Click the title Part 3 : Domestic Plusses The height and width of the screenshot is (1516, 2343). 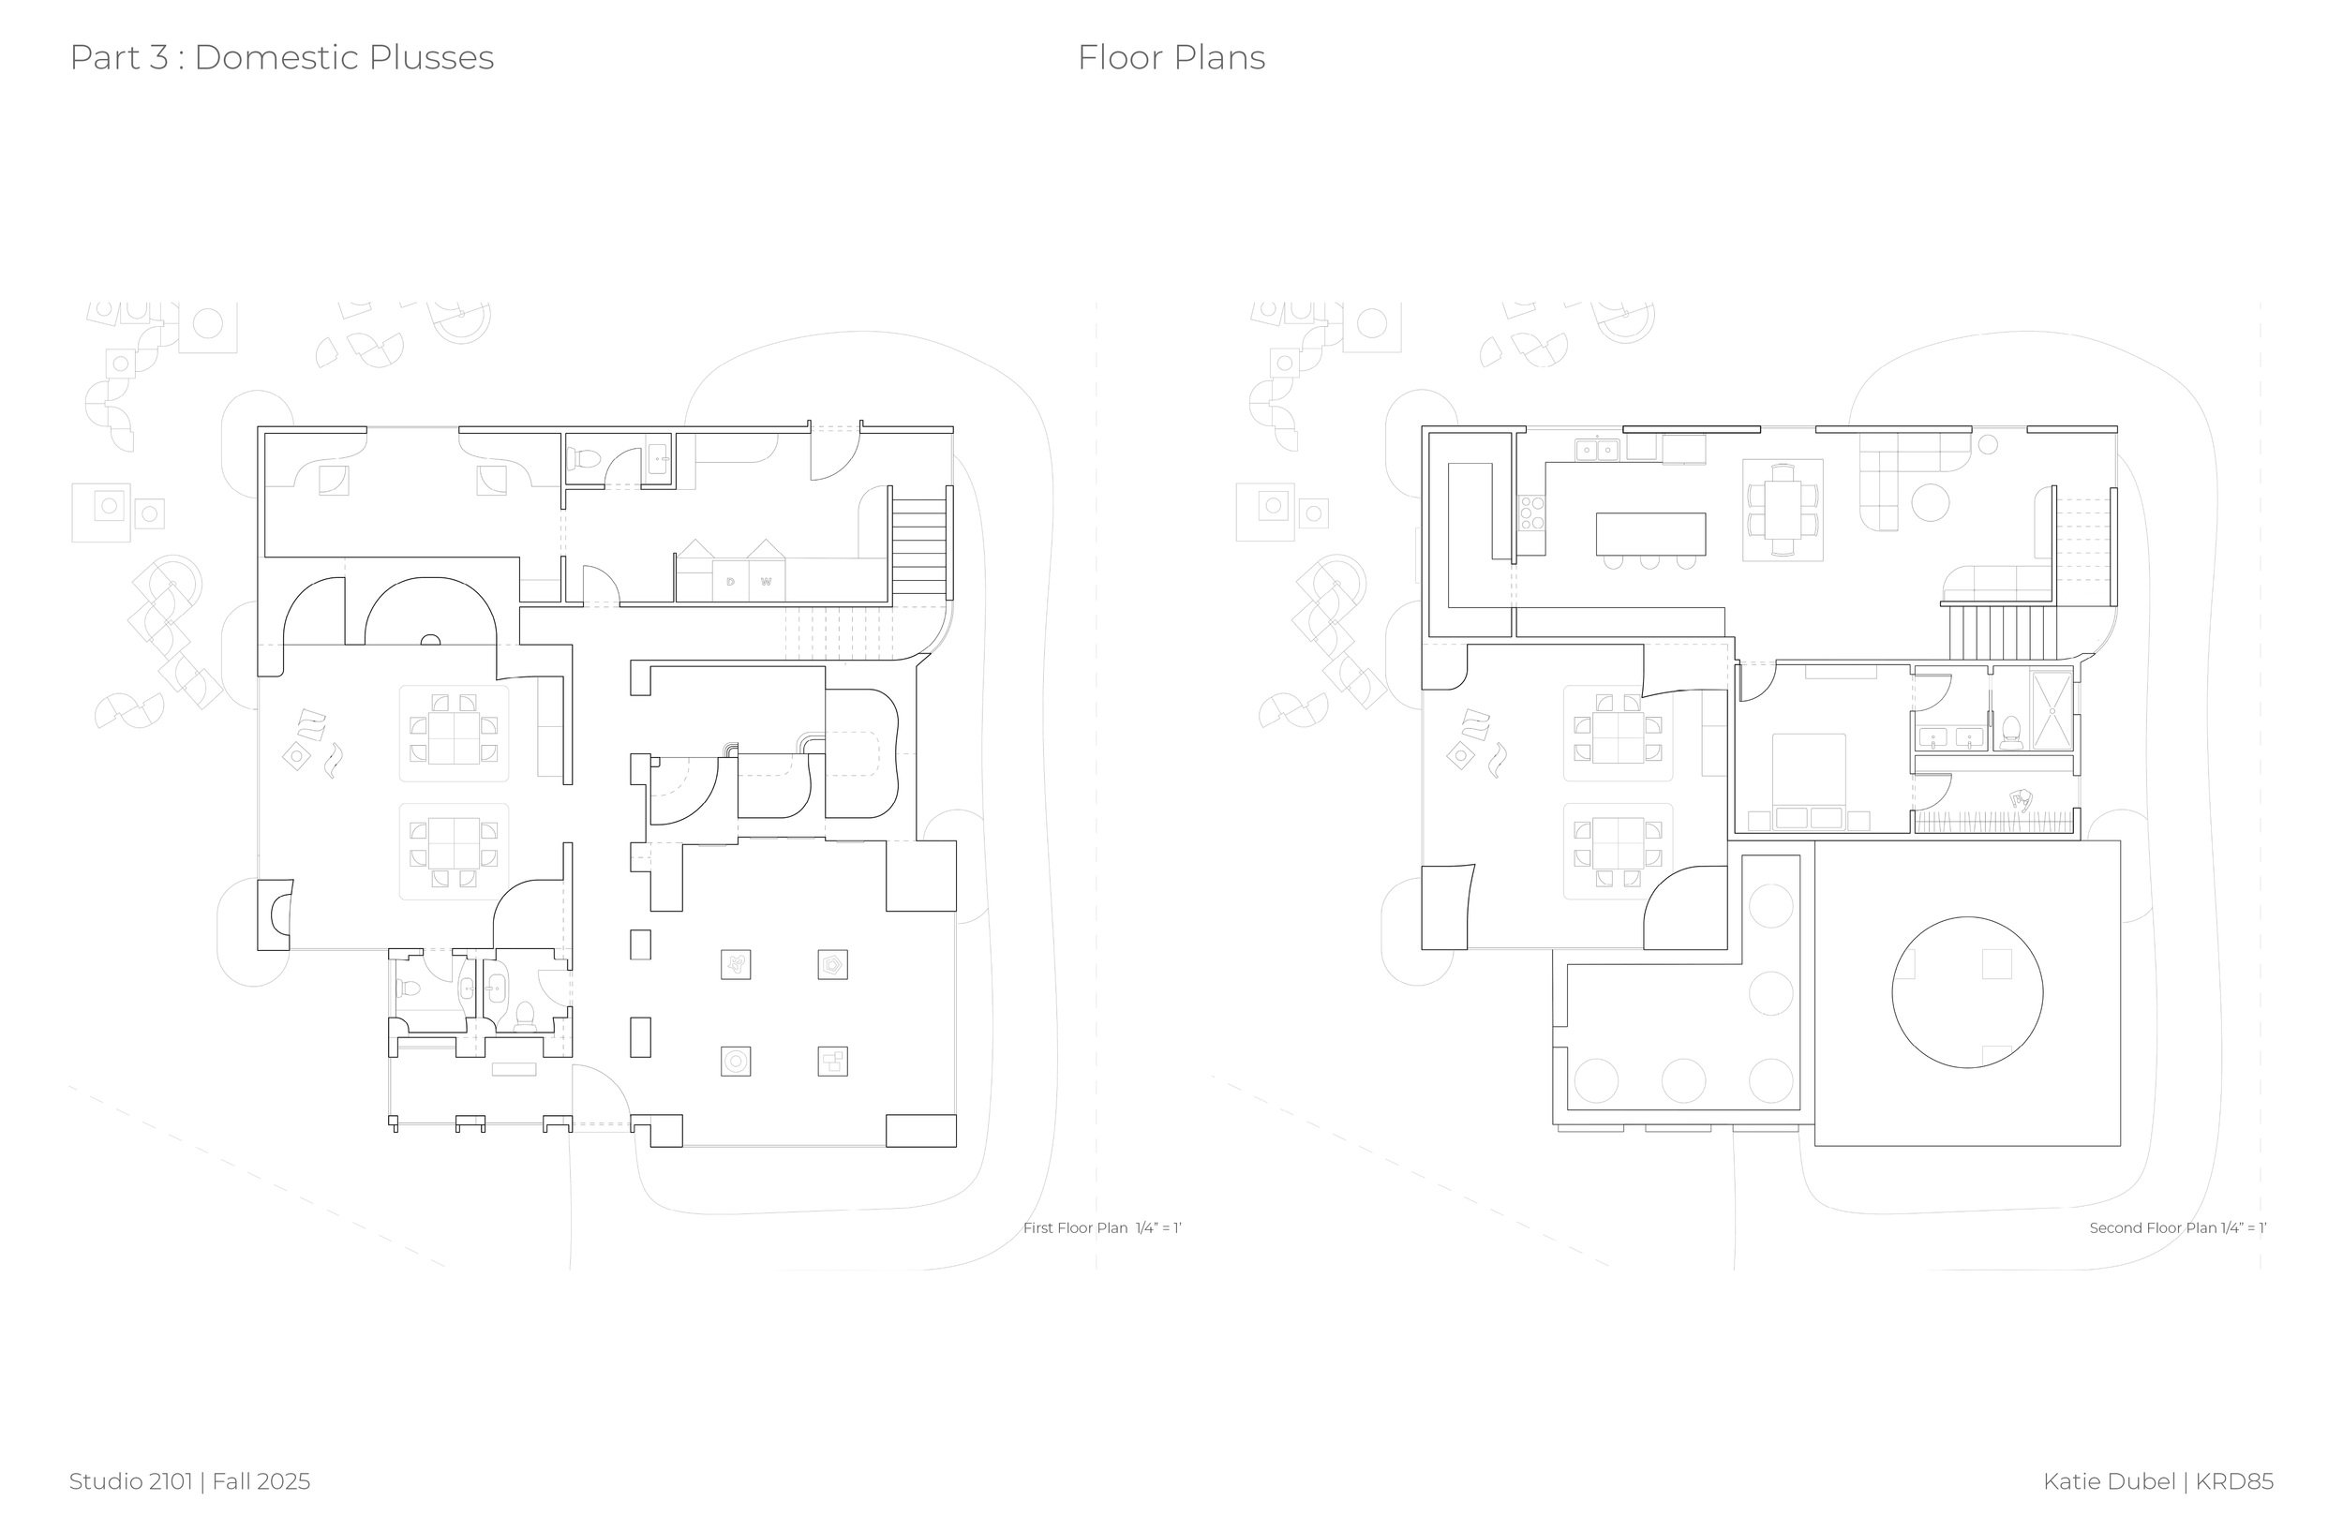(281, 58)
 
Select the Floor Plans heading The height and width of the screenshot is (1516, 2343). (1171, 58)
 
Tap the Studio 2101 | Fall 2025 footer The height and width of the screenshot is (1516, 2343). (189, 1480)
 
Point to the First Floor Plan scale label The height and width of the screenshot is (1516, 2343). (1100, 1227)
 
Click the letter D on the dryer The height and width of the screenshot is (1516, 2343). (730, 582)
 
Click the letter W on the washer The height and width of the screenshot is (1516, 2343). (766, 582)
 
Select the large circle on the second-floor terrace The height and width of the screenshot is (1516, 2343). (1966, 991)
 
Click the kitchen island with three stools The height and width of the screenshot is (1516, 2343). (1650, 533)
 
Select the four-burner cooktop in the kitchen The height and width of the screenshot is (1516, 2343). (1531, 513)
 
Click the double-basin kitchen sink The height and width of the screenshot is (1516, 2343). (1597, 450)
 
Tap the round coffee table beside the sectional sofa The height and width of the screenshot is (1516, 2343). (1930, 502)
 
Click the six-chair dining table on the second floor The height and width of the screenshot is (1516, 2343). (1783, 510)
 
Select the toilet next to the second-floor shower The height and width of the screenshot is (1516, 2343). (2011, 733)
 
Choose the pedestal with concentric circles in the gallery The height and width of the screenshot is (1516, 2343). (736, 1062)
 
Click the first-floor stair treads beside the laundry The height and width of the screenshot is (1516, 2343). (919, 547)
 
